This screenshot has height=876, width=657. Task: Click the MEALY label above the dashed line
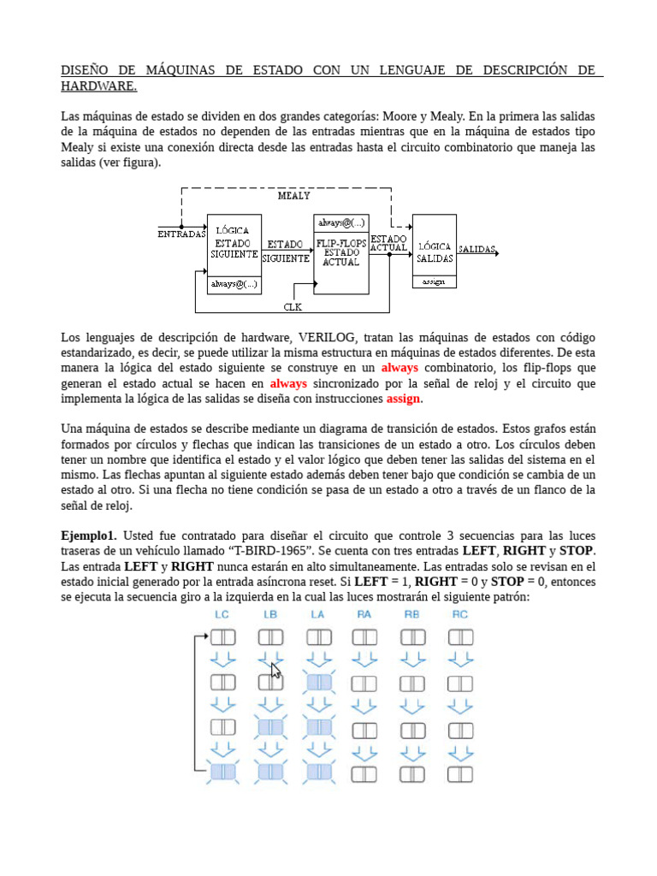tap(293, 196)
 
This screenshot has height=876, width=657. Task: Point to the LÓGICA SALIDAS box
tap(434, 245)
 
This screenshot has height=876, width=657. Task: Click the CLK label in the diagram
tap(293, 306)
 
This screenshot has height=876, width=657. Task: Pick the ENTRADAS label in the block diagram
tap(181, 233)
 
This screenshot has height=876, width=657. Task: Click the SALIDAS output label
tap(477, 250)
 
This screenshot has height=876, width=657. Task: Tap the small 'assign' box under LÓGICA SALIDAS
tap(434, 281)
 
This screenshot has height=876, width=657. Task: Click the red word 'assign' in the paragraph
tap(404, 399)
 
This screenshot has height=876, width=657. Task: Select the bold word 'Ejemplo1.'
tap(88, 535)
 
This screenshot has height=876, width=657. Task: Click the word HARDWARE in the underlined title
tap(98, 86)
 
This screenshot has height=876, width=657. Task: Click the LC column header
tap(222, 614)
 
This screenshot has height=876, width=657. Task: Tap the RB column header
tap(412, 614)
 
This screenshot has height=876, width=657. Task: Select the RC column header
tap(460, 614)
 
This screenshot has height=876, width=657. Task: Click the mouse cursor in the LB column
tap(275, 671)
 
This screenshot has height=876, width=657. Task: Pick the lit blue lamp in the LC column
tap(222, 772)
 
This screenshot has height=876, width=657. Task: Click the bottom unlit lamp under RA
tap(364, 772)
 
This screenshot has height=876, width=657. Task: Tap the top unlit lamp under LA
tap(318, 636)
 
